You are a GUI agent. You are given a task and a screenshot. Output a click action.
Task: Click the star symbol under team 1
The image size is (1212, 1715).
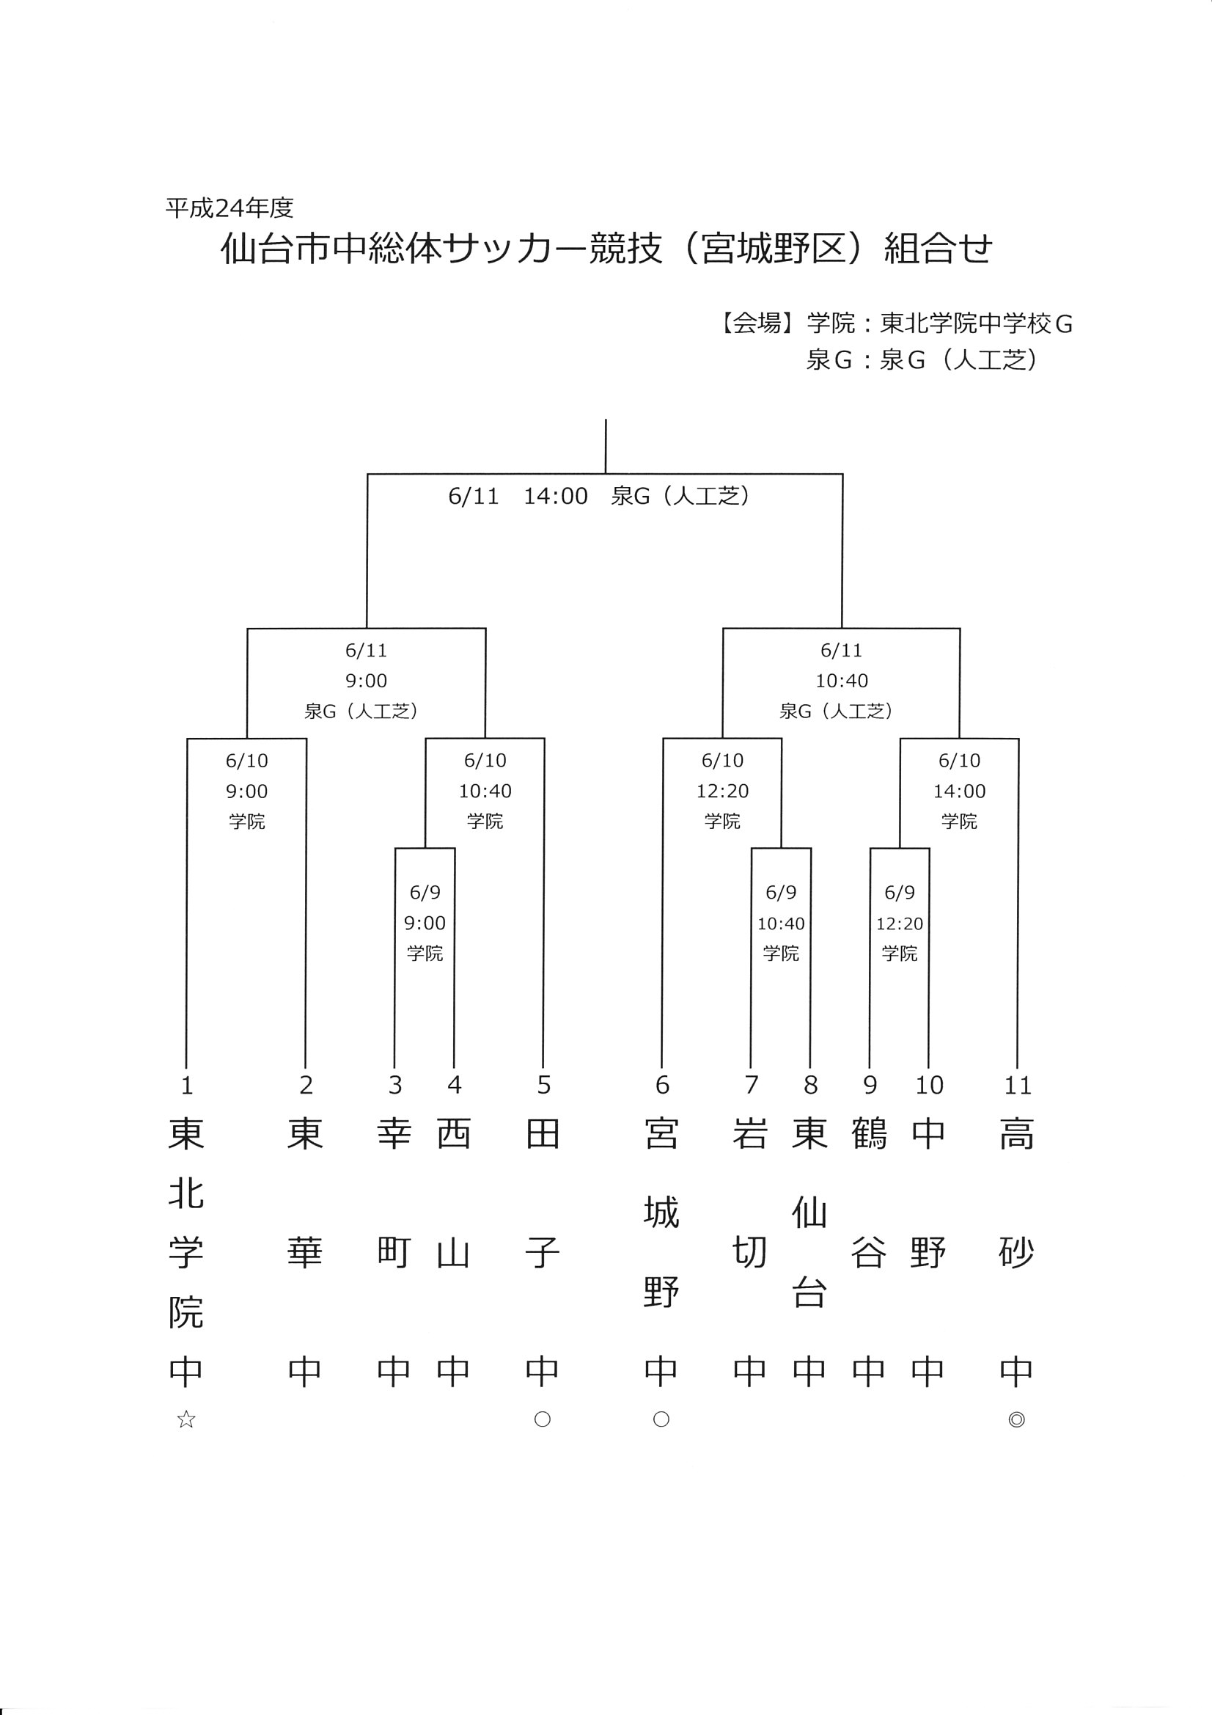186,1419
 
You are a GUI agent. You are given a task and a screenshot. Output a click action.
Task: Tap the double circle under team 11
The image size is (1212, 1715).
1016,1419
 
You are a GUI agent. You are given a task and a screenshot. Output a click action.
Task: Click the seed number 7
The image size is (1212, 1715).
752,1085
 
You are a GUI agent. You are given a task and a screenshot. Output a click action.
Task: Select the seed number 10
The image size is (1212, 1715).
929,1085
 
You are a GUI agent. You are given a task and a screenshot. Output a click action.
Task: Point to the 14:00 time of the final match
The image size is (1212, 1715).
556,496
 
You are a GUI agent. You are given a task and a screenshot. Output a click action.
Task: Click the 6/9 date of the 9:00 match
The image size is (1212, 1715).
425,893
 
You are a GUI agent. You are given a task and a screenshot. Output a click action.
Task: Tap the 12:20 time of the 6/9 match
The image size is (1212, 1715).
900,924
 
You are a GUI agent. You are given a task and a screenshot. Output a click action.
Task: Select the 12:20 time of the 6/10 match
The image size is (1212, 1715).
723,791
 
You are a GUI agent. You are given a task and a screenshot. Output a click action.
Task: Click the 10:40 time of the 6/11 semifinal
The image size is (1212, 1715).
842,681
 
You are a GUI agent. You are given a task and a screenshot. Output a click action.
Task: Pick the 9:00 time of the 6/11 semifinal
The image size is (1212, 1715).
366,681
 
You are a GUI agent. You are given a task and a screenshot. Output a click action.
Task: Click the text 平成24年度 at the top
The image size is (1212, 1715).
230,208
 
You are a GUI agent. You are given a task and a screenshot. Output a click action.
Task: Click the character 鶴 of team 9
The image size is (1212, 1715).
870,1134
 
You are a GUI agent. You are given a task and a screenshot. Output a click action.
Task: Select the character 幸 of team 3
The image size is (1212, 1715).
394,1134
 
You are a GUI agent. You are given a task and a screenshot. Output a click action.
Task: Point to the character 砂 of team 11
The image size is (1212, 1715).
1016,1253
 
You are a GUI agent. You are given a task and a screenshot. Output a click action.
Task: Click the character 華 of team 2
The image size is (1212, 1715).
305,1253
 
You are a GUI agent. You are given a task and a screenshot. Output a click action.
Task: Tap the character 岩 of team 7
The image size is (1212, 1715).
751,1134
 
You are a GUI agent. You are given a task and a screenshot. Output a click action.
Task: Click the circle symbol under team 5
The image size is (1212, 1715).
543,1419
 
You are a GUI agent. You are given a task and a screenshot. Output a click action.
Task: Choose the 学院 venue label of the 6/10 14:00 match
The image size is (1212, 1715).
960,822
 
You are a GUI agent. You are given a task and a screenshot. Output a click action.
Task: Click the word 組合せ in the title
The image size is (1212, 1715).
939,249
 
